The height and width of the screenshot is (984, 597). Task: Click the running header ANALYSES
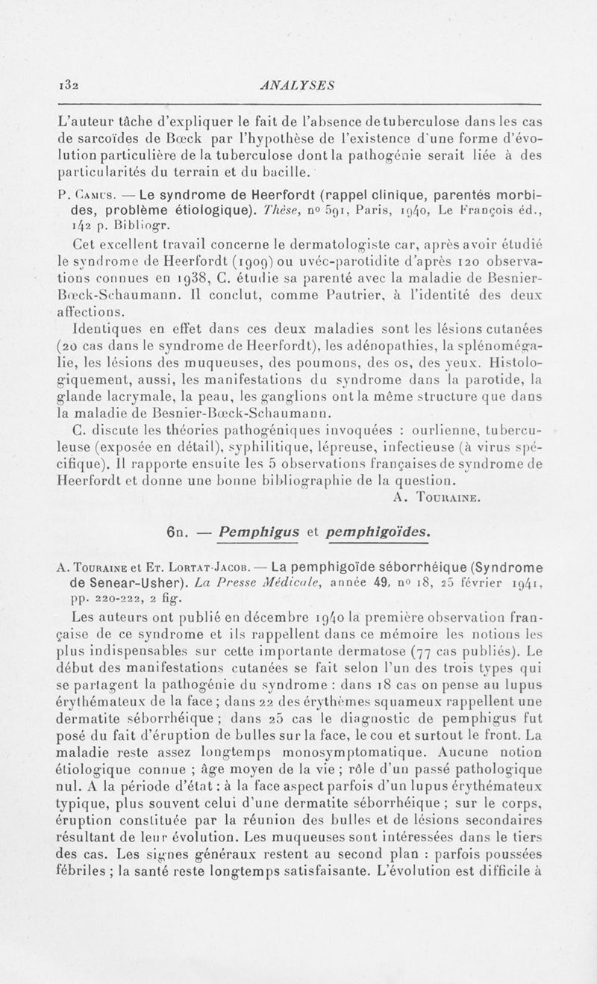click(298, 84)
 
